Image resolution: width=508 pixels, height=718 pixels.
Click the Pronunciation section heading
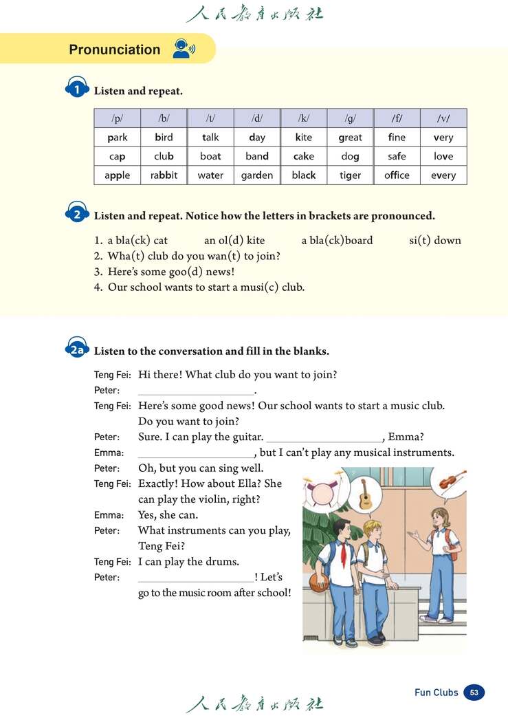pos(114,50)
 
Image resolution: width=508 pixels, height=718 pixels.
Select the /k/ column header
pos(303,118)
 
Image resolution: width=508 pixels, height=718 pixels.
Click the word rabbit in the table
pos(164,175)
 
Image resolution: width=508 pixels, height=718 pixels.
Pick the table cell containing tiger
pos(350,175)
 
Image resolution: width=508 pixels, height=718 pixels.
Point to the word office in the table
pos(397,175)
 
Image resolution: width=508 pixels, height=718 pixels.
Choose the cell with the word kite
pos(303,138)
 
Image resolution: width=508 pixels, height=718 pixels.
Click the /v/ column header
pos(443,118)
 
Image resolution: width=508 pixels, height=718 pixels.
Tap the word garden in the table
pos(257,175)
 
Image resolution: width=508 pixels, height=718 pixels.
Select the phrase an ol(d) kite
pos(234,241)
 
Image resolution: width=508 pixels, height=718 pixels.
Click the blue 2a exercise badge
pos(76,350)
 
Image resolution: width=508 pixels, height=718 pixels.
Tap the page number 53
pos(474,693)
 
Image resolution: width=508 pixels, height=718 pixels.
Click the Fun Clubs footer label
pos(436,693)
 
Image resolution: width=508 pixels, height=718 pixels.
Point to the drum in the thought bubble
pos(322,494)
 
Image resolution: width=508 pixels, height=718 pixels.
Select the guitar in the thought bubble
pos(365,493)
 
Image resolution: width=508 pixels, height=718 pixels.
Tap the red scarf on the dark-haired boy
pos(344,553)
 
